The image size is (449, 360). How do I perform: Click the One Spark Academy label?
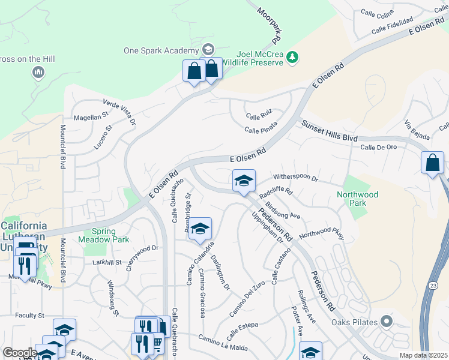[x=161, y=50]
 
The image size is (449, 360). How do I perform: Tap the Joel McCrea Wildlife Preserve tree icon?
[x=292, y=57]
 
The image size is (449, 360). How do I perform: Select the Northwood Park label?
[x=357, y=199]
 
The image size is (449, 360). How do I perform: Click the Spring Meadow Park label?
[x=103, y=235]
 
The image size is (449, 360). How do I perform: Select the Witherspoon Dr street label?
[x=295, y=178]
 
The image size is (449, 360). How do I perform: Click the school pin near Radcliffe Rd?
[x=244, y=180]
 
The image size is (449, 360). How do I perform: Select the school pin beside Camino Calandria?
[x=200, y=229]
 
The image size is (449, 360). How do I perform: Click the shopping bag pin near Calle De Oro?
[x=432, y=163]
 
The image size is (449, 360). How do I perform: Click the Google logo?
[x=20, y=352]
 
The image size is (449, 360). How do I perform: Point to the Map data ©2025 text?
[x=424, y=355]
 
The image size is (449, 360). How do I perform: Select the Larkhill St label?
[x=99, y=263]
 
